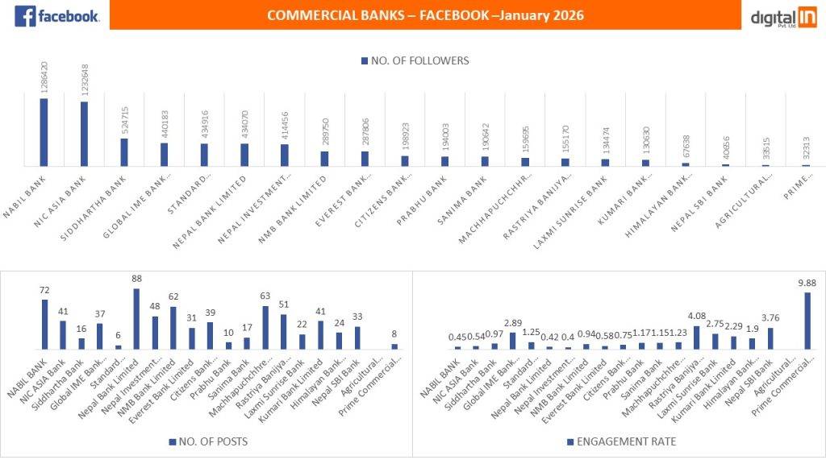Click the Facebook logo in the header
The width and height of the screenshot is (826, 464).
(56, 15)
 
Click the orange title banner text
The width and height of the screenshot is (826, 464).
(425, 15)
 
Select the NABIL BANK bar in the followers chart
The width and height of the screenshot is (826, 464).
(44, 132)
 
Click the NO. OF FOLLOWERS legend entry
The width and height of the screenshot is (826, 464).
(415, 60)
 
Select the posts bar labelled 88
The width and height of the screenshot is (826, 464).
(136, 319)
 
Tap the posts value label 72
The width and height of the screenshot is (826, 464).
(44, 290)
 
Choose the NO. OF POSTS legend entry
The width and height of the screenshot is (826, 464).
(208, 442)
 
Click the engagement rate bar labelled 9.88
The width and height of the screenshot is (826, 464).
(807, 321)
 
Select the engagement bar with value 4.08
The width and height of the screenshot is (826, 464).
(696, 338)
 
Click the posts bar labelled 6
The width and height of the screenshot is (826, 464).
(118, 346)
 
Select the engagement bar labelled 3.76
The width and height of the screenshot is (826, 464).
(770, 338)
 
